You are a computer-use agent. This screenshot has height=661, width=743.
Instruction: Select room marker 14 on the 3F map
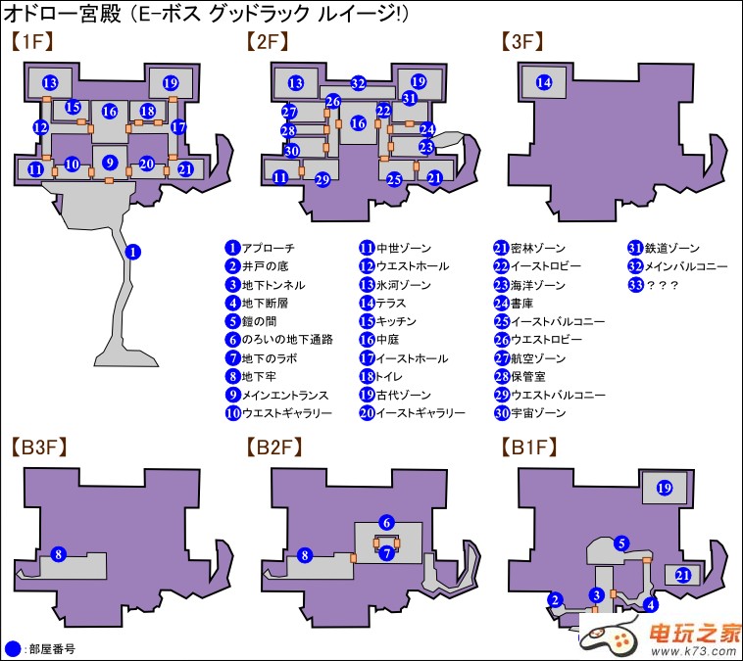point(544,83)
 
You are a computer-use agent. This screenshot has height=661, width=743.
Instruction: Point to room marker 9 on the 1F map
point(110,163)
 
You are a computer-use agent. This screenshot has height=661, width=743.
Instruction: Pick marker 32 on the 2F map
point(359,83)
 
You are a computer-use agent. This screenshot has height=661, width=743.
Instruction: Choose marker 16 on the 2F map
point(359,123)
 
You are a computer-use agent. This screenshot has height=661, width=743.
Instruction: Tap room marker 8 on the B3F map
point(58,555)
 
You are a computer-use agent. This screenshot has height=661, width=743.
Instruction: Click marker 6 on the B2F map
point(387,523)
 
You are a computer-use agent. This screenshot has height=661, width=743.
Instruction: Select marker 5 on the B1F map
point(620,543)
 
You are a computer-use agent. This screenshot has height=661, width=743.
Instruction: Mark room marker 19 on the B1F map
point(664,488)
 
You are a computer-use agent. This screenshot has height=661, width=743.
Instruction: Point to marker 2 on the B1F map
point(555,600)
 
